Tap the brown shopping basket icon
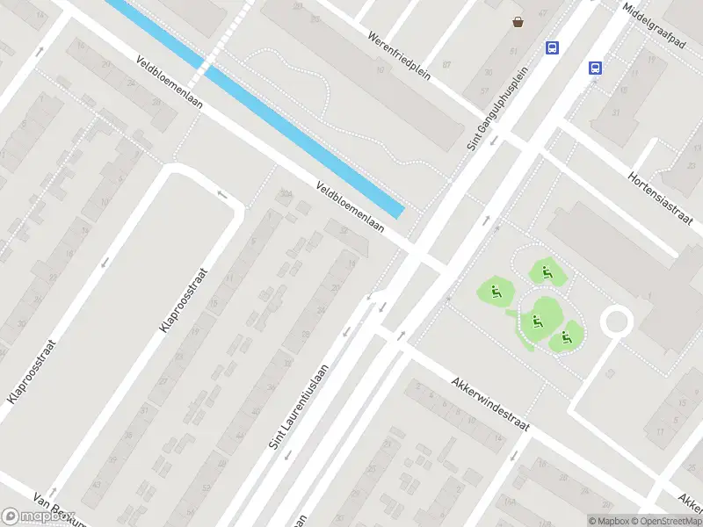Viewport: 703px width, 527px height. coord(518,22)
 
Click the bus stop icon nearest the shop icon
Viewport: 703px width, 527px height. coord(553,47)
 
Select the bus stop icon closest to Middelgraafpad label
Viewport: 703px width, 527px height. coord(595,67)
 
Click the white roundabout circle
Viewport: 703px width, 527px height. coord(617,321)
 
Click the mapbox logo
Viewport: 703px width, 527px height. coord(39,516)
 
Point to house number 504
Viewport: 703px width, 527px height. coord(285,192)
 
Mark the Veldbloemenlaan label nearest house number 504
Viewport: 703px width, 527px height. coord(350,207)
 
